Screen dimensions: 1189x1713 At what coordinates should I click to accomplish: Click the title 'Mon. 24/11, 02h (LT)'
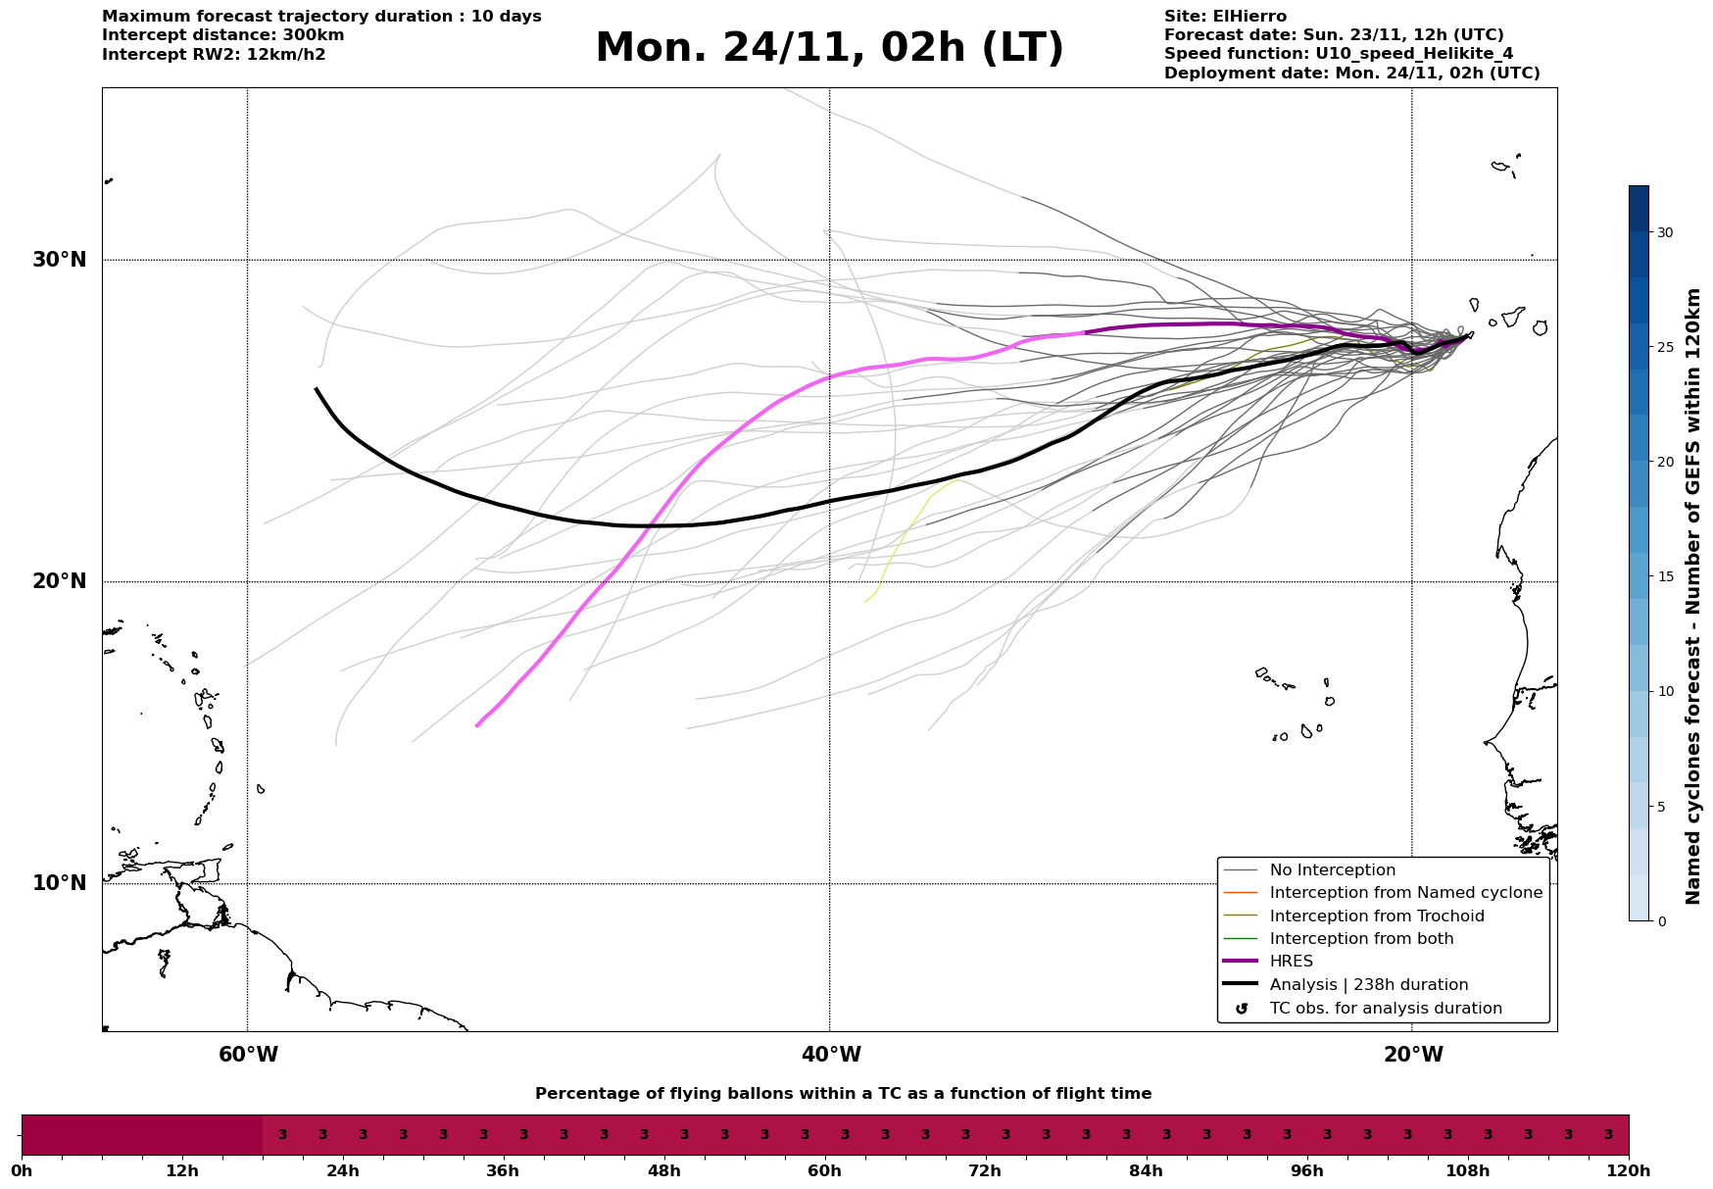829,48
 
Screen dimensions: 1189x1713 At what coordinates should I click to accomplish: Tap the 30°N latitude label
60,260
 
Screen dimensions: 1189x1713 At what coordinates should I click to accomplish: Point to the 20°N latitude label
60,581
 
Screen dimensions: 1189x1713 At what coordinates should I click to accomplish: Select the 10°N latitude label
60,883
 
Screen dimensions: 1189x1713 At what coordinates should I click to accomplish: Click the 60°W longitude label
248,1055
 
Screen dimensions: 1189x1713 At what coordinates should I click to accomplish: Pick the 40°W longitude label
831,1055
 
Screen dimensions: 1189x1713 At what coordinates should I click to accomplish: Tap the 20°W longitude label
1413,1055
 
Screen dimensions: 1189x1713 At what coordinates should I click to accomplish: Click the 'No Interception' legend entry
1332,870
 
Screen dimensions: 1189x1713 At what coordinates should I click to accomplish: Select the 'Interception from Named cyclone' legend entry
1405,893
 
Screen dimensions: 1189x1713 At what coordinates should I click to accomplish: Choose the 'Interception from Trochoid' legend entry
1376,917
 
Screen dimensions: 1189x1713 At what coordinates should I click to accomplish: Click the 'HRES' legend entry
1291,962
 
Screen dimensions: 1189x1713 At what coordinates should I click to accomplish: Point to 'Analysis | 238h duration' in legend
1368,985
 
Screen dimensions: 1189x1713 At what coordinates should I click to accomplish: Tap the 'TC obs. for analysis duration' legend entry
1385,1009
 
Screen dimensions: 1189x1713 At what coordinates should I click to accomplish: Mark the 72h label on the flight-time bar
985,1171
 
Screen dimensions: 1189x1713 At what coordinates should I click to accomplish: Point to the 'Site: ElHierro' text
1225,17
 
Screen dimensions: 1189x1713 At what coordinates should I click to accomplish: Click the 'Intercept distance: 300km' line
222,35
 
